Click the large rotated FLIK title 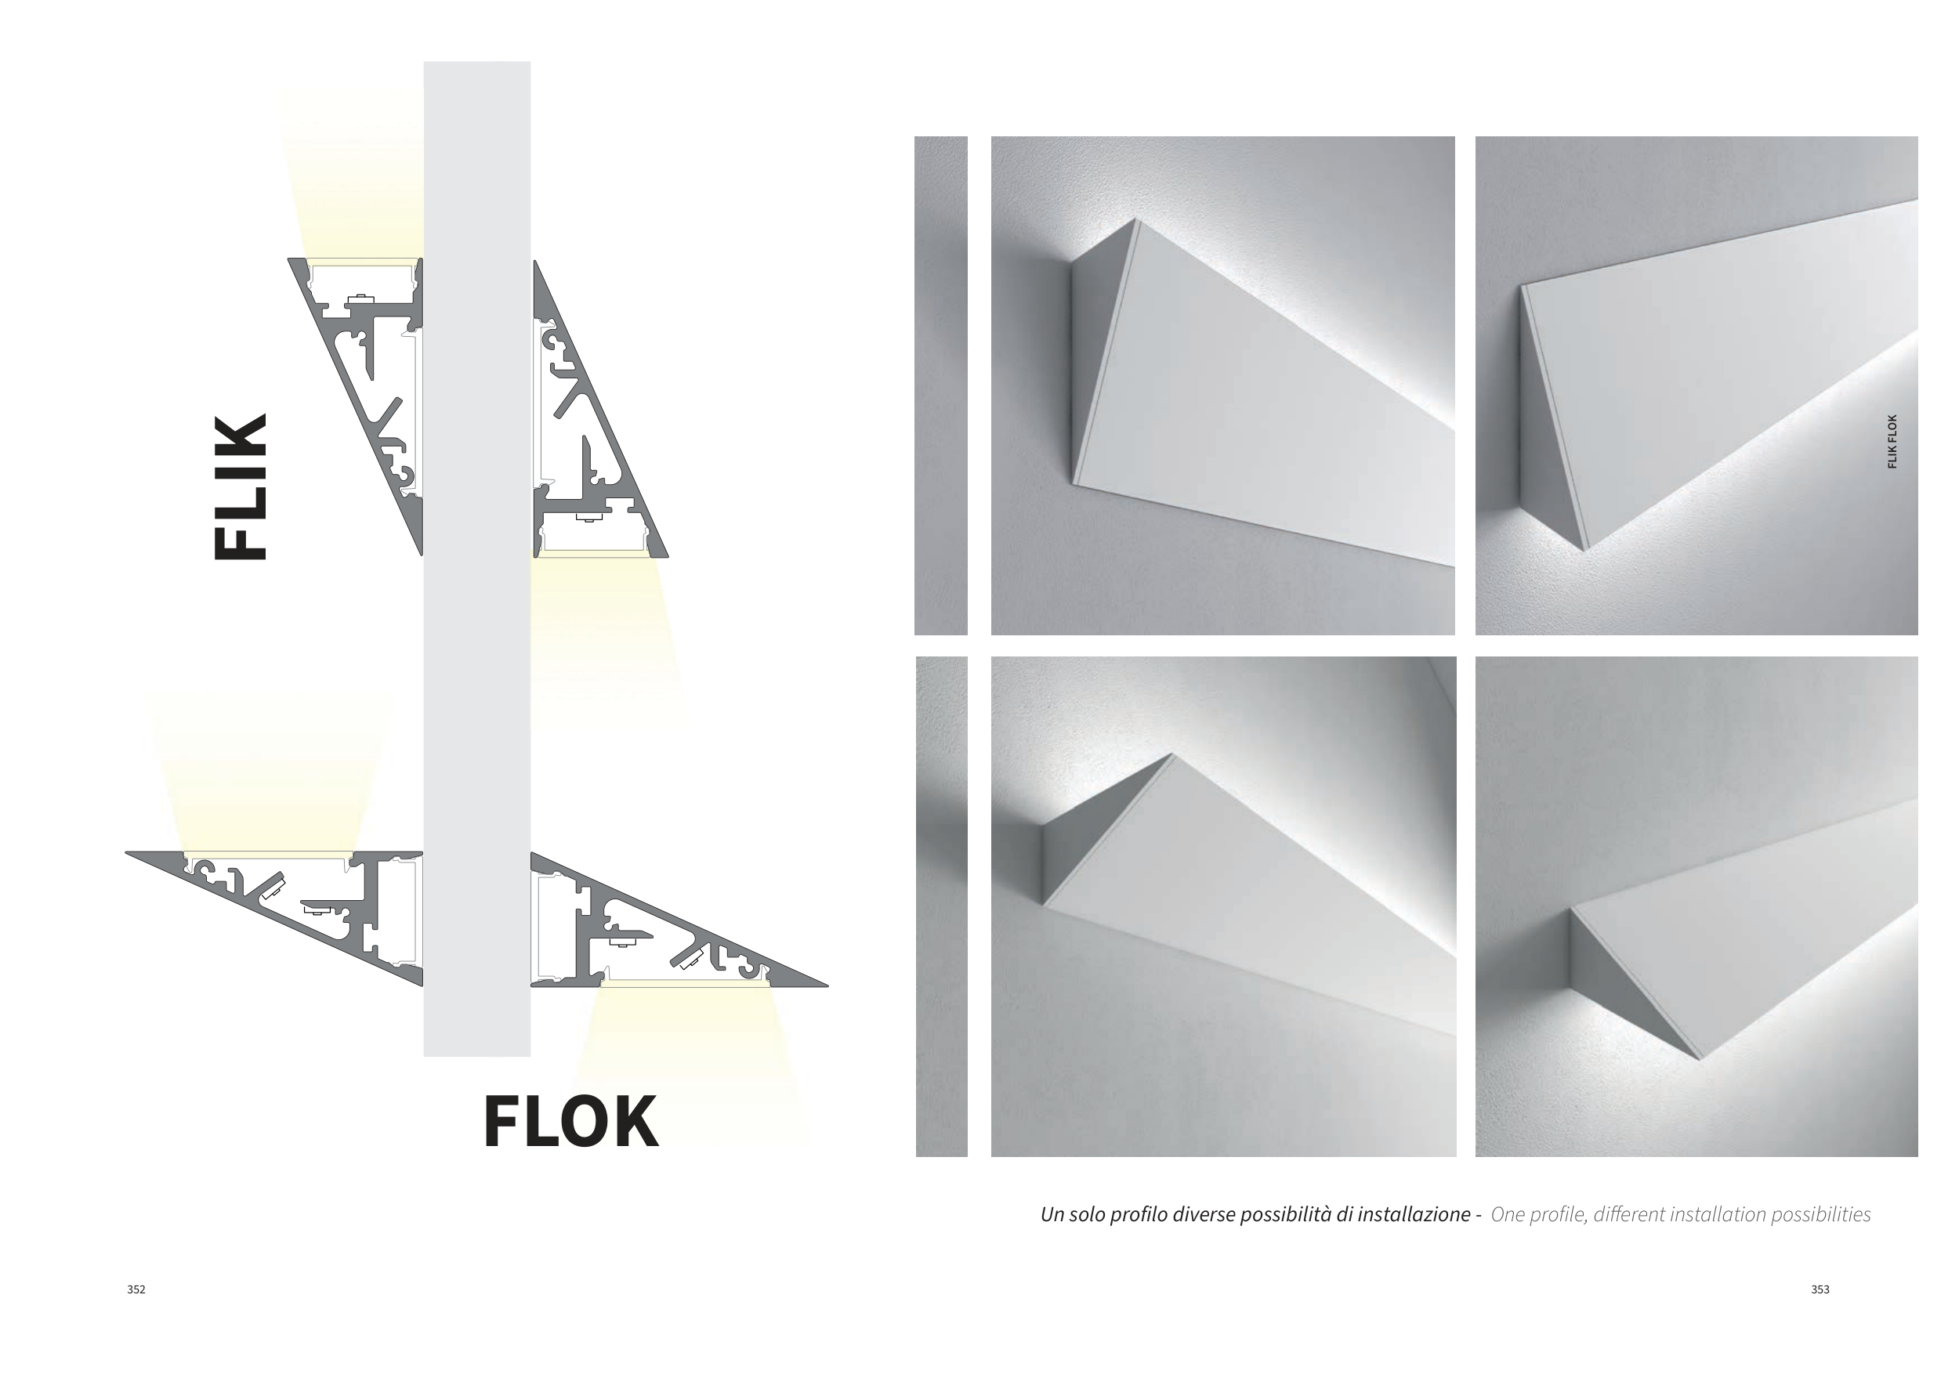coord(240,487)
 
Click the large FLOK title coord(570,1123)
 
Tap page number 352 coord(136,1289)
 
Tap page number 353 coord(1820,1289)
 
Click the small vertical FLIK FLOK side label coord(1892,442)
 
